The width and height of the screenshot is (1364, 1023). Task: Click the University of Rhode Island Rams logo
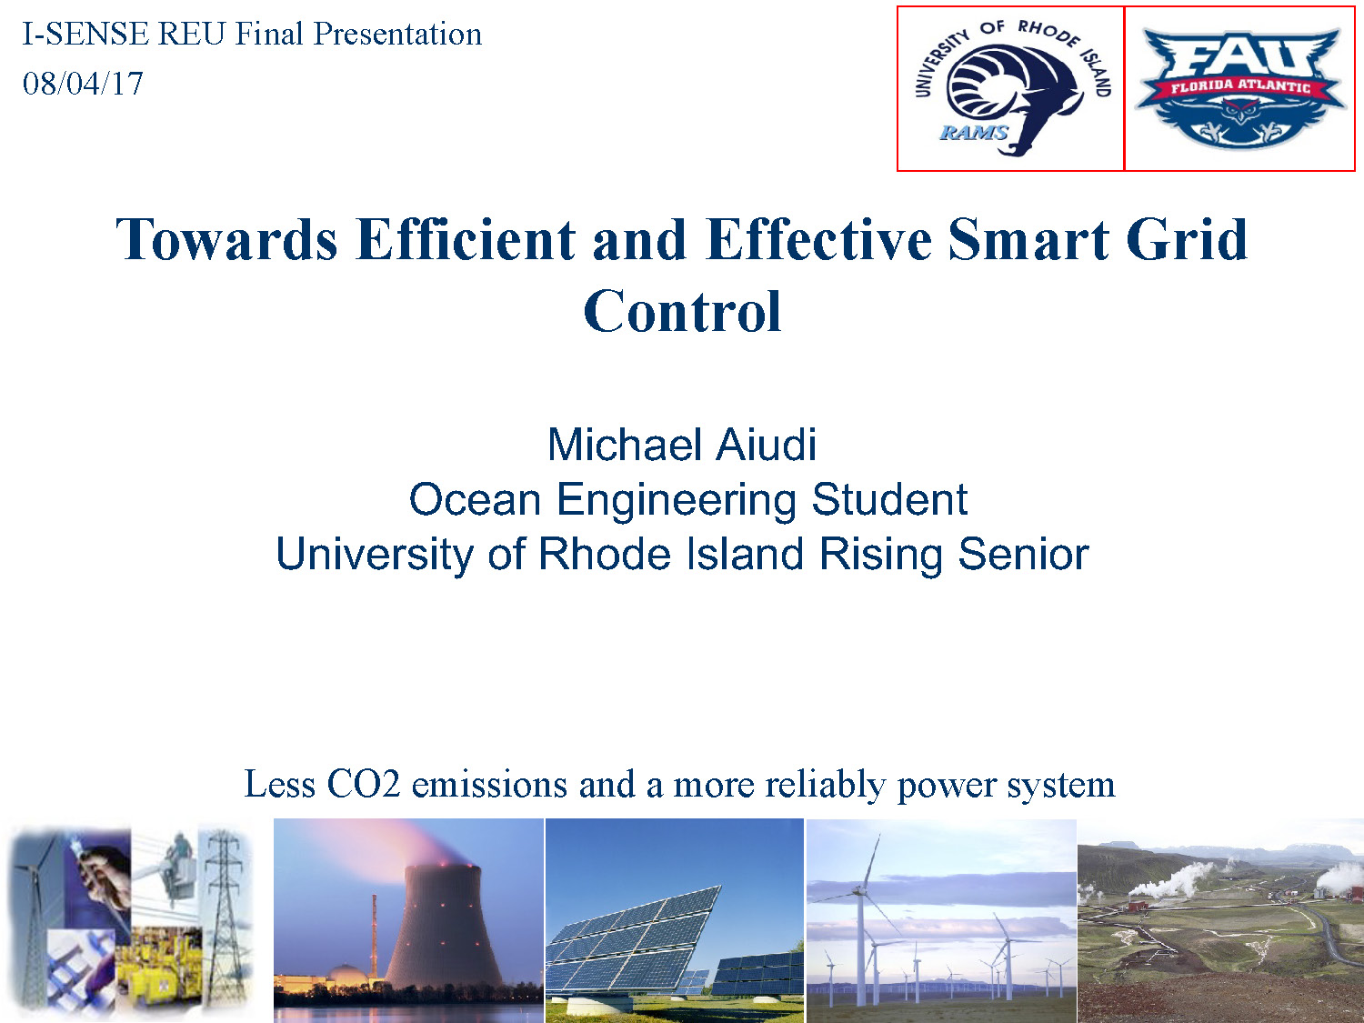pos(1010,88)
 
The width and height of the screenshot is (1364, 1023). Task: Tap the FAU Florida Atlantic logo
pos(1239,88)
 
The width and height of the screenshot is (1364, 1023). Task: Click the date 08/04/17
pos(83,84)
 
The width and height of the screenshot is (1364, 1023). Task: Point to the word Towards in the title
pos(226,240)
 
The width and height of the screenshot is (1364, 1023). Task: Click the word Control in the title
pos(682,312)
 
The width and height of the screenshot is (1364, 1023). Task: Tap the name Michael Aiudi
pos(682,445)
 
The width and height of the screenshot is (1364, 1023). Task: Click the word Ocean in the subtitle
pos(475,499)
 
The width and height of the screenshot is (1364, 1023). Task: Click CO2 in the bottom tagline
pos(363,784)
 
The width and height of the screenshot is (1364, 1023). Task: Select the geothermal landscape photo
pos(1220,920)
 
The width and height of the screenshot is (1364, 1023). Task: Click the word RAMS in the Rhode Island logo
pos(973,133)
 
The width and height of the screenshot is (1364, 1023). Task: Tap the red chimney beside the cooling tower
pos(374,937)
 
